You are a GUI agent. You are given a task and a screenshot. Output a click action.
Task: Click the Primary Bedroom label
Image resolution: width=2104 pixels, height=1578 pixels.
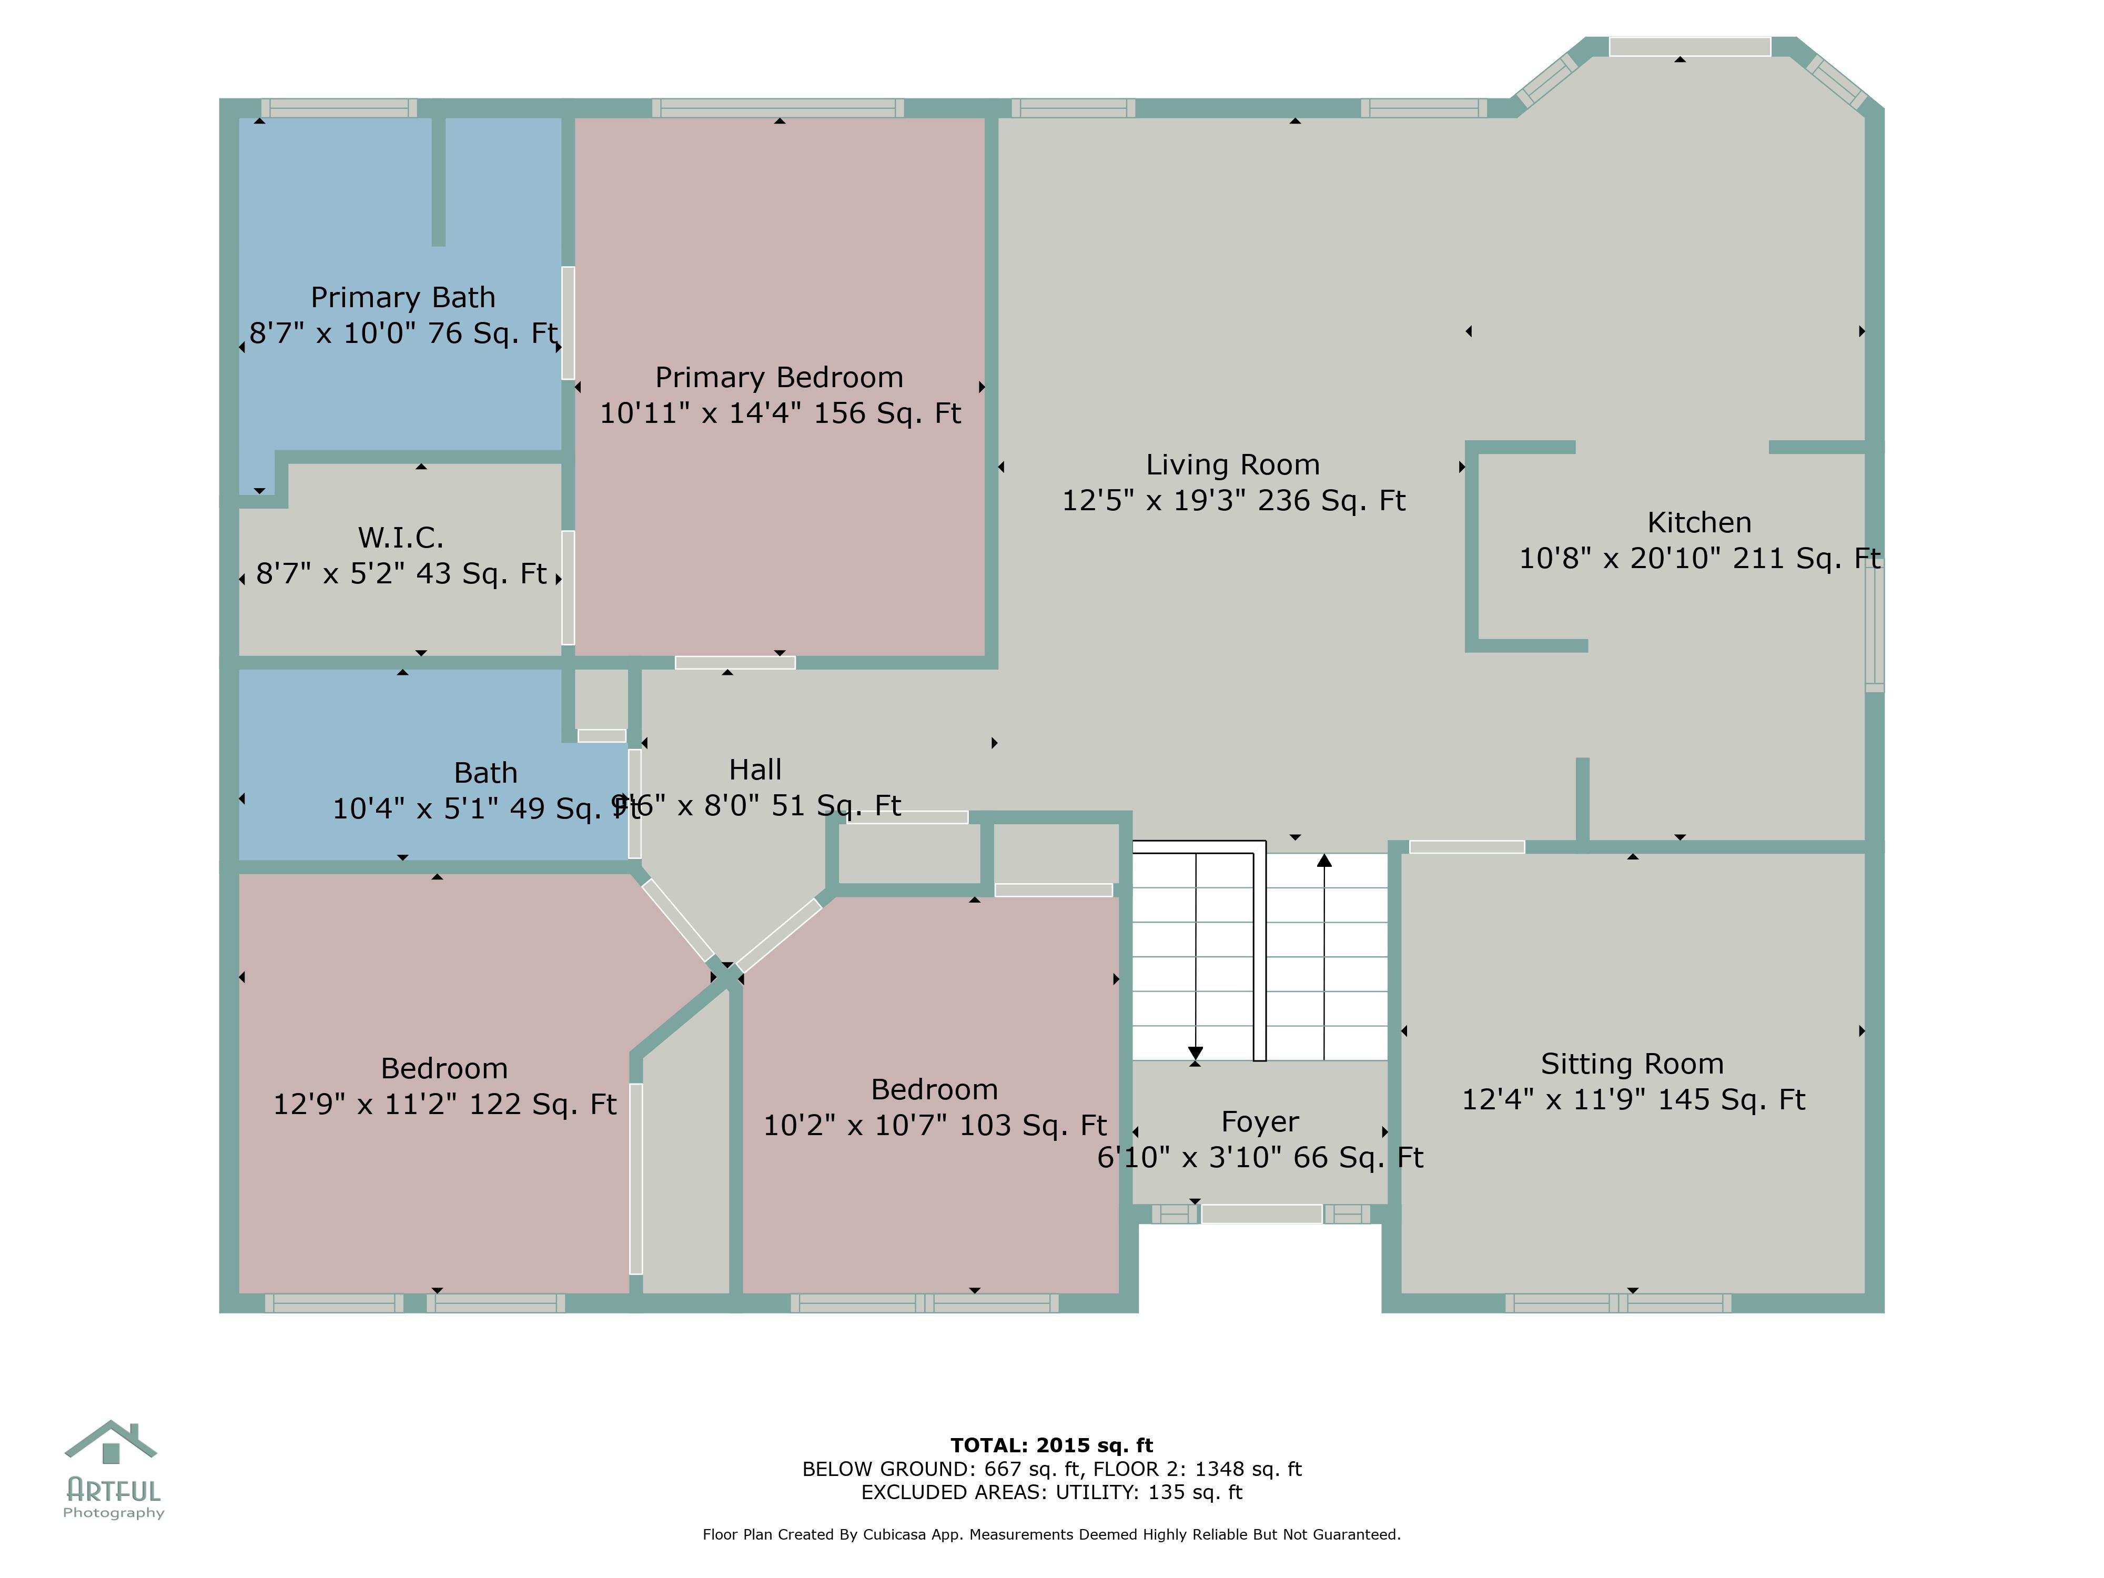click(779, 378)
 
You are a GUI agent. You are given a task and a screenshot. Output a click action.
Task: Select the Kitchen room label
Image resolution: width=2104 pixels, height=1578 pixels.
click(1699, 522)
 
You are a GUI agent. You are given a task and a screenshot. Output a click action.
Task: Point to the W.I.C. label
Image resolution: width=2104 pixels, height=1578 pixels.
click(400, 538)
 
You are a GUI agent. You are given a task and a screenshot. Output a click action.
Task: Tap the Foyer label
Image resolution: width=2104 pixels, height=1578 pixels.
click(1259, 1121)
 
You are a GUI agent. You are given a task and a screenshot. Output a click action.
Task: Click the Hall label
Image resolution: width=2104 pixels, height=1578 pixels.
click(755, 770)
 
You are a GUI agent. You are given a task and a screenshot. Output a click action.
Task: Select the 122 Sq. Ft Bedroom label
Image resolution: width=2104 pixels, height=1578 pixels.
click(444, 1068)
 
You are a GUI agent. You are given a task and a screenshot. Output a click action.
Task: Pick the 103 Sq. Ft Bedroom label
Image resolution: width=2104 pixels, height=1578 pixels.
click(934, 1089)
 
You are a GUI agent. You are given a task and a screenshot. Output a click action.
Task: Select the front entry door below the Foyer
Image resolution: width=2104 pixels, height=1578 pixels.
click(1261, 1213)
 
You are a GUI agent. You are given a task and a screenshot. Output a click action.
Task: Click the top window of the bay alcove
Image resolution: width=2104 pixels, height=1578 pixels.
click(1690, 47)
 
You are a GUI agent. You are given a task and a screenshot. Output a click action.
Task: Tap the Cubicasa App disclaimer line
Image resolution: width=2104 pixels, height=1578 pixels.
click(1051, 1534)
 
